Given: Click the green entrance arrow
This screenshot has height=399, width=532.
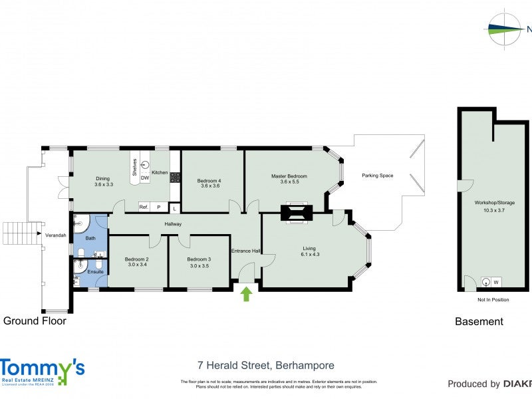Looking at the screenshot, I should pos(246,294).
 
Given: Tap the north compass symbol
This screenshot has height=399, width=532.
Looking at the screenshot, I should pos(505,29).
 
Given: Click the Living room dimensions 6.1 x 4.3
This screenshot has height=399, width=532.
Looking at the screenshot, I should pos(310,254).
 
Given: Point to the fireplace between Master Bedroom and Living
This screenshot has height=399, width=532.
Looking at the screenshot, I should pos(296,212).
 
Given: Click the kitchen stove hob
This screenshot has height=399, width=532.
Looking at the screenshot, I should pos(176,178).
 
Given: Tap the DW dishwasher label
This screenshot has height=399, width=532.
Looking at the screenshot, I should pos(144,178).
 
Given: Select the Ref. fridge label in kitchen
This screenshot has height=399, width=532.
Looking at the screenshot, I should pos(144,207).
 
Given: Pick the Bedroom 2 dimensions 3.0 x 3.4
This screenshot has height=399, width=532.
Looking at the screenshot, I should pos(138,265).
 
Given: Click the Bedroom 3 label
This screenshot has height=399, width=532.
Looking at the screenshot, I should pos(199,259).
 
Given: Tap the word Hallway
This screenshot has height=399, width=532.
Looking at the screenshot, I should pos(174,224).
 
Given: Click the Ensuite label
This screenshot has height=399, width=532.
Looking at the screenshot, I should pos(95,272).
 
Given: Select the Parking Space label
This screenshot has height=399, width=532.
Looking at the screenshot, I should pos(377,176).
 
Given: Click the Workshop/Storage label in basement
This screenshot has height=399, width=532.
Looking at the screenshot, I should pos(493,201).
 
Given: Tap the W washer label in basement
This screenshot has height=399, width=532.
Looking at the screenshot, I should pos(496,283).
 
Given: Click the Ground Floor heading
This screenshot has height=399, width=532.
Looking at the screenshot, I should pos(35,321).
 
